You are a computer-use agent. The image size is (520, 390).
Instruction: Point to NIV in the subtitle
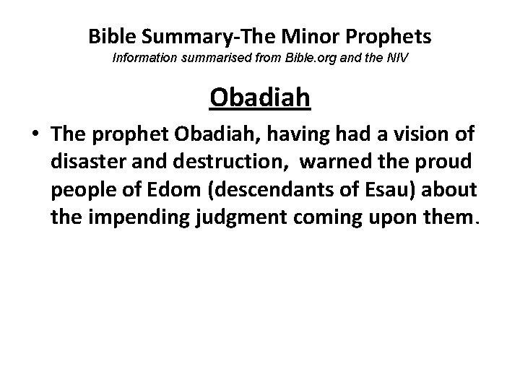pyautogui.click(x=396, y=56)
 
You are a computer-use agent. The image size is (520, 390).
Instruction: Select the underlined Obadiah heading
pyautogui.click(x=260, y=96)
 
